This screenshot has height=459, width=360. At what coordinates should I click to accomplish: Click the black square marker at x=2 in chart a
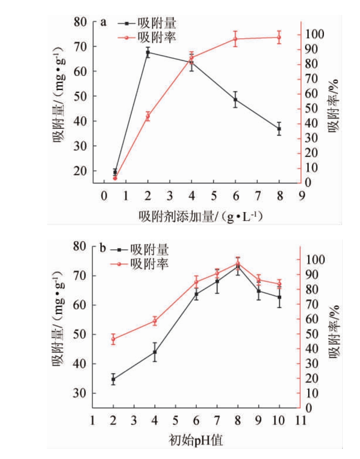point(148,52)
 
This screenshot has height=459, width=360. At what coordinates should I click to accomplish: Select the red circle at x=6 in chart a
point(235,39)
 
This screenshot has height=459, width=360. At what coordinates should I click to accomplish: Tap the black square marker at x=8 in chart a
point(279,129)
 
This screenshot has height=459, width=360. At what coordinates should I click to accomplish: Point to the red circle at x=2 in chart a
point(148,116)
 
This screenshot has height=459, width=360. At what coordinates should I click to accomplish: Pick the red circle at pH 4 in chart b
point(155,321)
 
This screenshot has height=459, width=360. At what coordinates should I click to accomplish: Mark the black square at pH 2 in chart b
point(113,379)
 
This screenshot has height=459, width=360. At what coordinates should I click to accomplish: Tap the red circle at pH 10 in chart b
point(280,284)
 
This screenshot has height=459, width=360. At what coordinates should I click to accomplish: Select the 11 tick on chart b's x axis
point(300,421)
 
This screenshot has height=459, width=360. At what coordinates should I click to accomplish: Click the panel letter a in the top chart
point(103,22)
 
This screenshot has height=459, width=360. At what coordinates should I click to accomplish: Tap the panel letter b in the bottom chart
point(103,248)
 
